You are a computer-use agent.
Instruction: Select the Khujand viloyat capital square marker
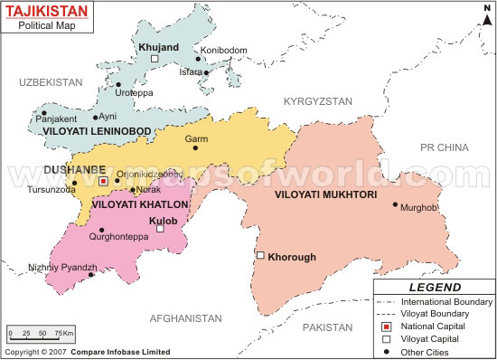pyautogui.click(x=155, y=59)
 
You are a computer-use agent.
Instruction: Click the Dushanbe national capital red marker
pyautogui.click(x=103, y=181)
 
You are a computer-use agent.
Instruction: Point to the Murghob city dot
pyautogui.click(x=395, y=204)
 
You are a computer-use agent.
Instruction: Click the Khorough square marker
pyautogui.click(x=260, y=256)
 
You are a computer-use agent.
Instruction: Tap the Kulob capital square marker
pyautogui.click(x=160, y=229)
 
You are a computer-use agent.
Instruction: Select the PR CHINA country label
pyautogui.click(x=450, y=146)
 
